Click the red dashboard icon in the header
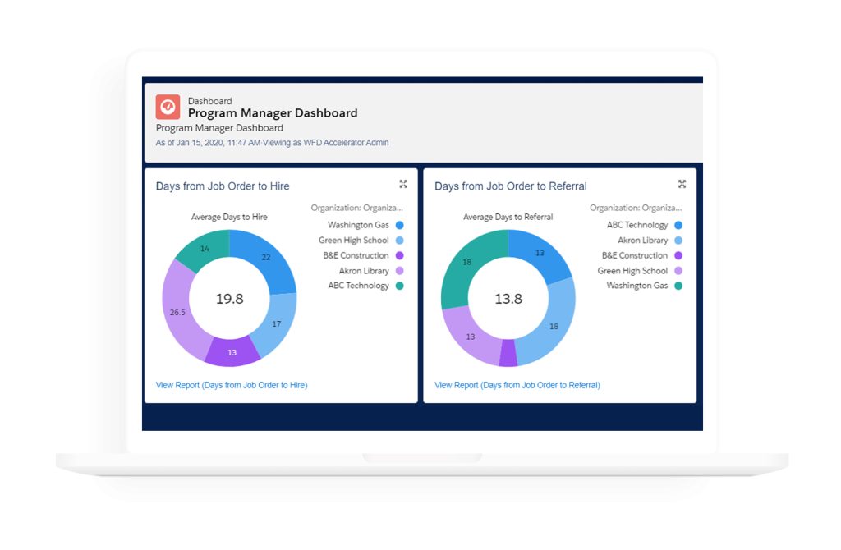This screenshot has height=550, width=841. click(x=168, y=108)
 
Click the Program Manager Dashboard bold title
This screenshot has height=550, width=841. click(x=273, y=113)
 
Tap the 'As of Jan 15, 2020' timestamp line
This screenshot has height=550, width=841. click(x=272, y=143)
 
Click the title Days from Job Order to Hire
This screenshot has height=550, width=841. click(x=223, y=186)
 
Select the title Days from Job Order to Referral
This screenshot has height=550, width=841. click(x=510, y=186)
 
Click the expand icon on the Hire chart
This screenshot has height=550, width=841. click(x=403, y=184)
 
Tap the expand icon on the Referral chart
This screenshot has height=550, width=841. click(x=682, y=184)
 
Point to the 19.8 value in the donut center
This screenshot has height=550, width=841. click(x=229, y=299)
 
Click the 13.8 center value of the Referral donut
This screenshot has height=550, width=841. click(x=508, y=299)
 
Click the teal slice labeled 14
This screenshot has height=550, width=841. click(x=204, y=249)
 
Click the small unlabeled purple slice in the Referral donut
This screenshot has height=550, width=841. click(x=508, y=354)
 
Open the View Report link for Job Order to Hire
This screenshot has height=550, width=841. click(x=232, y=385)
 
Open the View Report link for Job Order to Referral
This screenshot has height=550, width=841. click(x=517, y=385)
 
